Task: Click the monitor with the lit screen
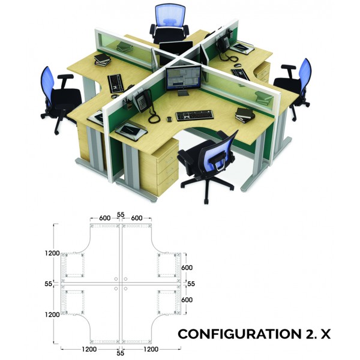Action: tap(184, 78)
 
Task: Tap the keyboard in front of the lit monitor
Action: tap(194, 115)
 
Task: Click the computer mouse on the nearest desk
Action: tap(169, 119)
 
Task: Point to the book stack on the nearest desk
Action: tap(245, 115)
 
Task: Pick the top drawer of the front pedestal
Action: tap(168, 159)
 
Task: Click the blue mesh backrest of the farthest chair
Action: tap(170, 15)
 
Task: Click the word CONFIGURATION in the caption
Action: tap(239, 334)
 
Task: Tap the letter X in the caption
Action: tap(325, 334)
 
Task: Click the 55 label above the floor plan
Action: tap(121, 214)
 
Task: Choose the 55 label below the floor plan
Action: tap(121, 353)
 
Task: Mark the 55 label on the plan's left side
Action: tap(48, 284)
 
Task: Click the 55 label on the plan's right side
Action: tap(191, 284)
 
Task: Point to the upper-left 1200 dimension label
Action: tap(52, 253)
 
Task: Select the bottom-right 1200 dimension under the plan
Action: tap(151, 349)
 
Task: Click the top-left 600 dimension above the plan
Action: tap(104, 218)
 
